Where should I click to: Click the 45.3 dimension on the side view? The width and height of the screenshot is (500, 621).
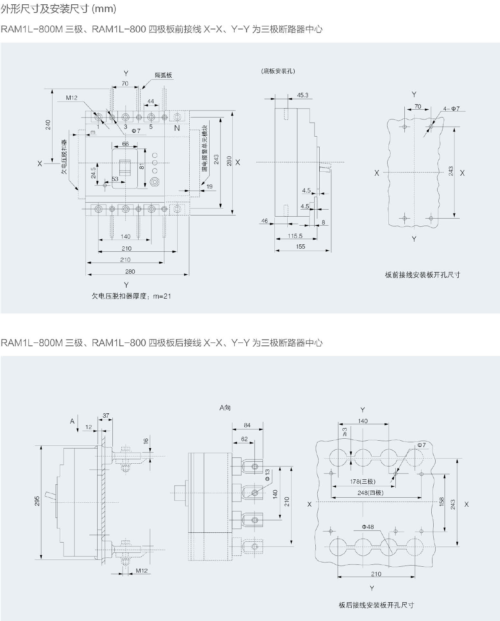[x=302, y=95]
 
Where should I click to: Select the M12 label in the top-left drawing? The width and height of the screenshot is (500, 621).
[x=71, y=98]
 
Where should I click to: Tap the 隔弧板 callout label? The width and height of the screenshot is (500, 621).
[x=164, y=75]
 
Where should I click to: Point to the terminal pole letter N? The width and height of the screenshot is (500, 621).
[x=177, y=128]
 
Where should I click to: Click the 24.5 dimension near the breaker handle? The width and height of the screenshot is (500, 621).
[x=93, y=173]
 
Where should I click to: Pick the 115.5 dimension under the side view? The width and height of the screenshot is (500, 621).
[x=295, y=236]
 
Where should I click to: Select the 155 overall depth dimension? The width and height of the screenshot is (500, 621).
[x=301, y=247]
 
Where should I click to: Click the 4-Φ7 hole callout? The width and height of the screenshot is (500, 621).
[x=452, y=109]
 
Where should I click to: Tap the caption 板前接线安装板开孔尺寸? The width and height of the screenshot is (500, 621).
[x=423, y=275]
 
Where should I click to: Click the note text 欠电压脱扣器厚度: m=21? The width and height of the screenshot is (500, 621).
[x=132, y=296]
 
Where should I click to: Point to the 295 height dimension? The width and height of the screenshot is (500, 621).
[x=37, y=501]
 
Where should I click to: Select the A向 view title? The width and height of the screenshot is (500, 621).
[x=225, y=408]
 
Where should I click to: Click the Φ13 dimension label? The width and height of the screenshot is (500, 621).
[x=267, y=475]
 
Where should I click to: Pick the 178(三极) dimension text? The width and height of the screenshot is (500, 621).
[x=363, y=482]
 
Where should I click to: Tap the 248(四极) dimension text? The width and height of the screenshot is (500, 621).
[x=370, y=493]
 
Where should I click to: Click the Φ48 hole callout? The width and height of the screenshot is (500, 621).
[x=368, y=527]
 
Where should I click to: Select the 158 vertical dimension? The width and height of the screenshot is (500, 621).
[x=441, y=502]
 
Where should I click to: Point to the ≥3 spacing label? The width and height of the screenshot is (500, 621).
[x=345, y=432]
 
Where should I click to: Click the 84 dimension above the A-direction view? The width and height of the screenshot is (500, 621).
[x=247, y=425]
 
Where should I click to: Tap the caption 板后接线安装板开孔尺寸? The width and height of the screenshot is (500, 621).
[x=376, y=605]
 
